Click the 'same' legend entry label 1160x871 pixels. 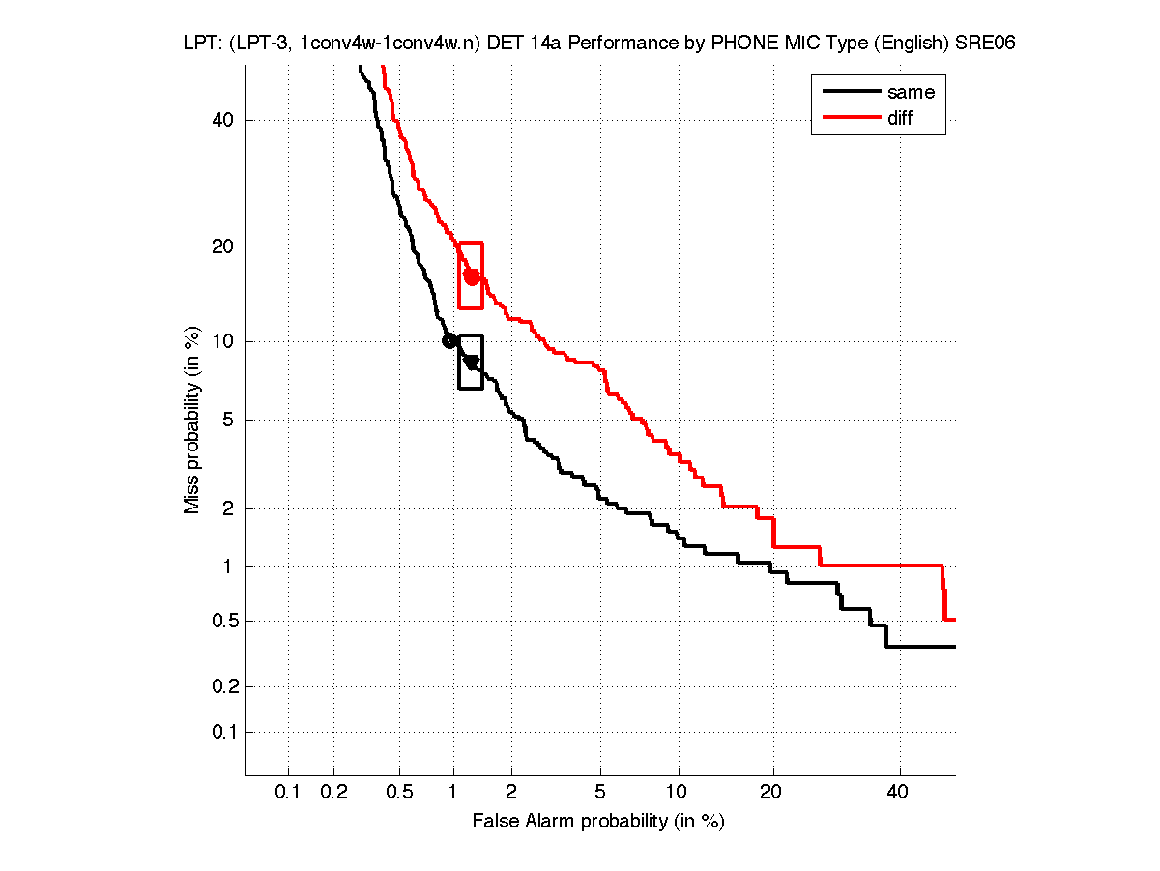pos(911,92)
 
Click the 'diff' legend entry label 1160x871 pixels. pos(900,118)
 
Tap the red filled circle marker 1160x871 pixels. pos(472,276)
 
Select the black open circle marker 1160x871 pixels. pos(449,340)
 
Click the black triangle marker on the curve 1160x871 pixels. pos(472,363)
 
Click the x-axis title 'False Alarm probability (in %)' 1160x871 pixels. pos(598,822)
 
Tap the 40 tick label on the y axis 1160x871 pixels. pos(222,120)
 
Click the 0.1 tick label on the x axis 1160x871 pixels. pos(288,793)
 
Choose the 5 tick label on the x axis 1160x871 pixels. pos(600,793)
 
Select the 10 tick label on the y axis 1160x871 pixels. pos(222,341)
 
